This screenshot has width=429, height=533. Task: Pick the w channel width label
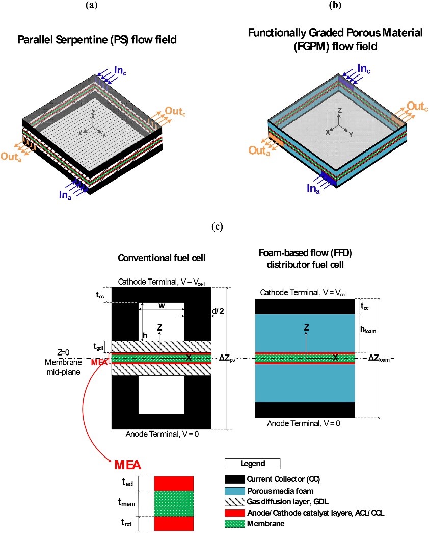[x=162, y=306]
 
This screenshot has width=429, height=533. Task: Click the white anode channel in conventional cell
[x=160, y=395]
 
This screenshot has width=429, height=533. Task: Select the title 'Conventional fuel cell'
[x=162, y=258]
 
